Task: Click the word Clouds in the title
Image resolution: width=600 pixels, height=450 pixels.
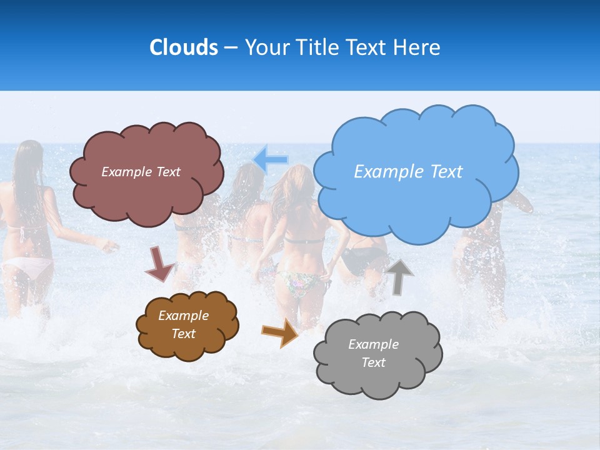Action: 184,47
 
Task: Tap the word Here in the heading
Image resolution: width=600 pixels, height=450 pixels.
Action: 417,47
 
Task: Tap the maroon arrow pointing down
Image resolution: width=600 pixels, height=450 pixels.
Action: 159,264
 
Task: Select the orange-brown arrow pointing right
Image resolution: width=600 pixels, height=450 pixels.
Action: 279,332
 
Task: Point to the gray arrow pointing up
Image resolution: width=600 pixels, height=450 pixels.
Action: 399,276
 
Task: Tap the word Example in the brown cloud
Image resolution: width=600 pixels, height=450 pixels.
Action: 184,316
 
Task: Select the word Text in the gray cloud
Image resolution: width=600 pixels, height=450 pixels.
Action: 374,362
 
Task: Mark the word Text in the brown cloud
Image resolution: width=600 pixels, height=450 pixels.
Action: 184,334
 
